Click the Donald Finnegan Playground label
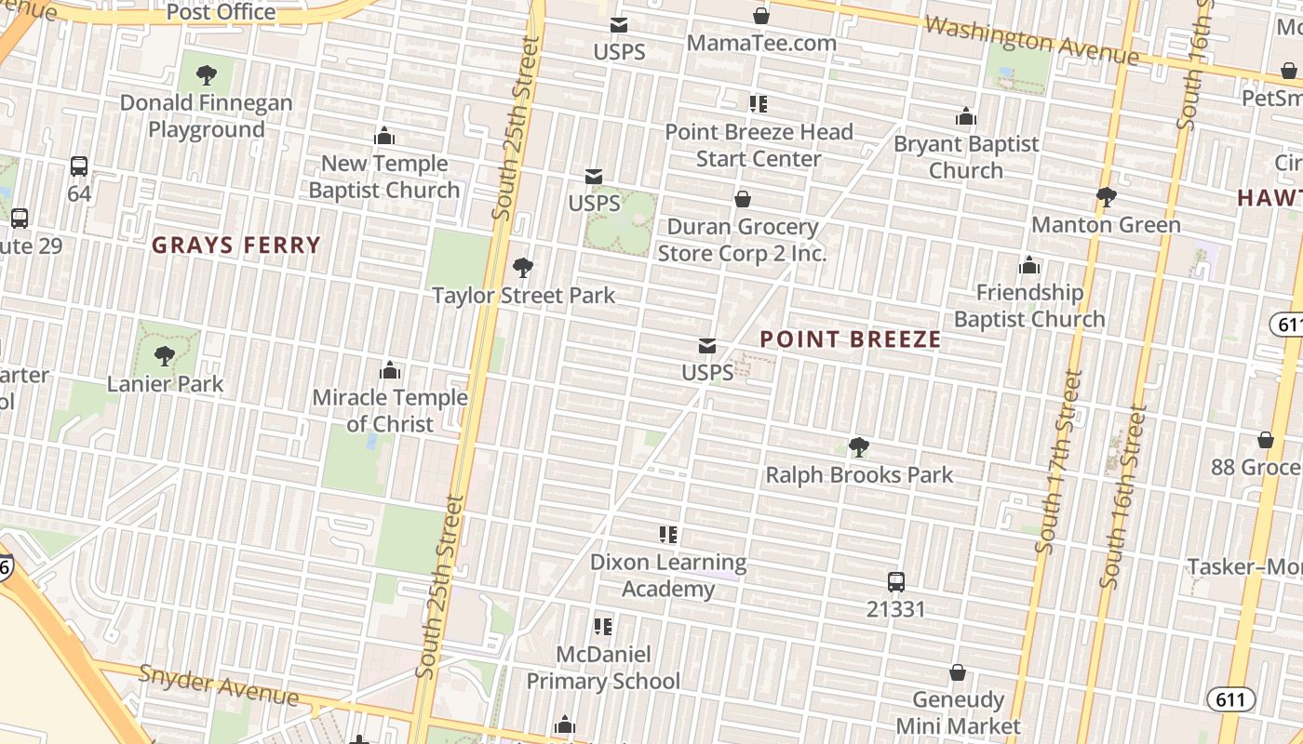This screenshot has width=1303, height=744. tap(206, 116)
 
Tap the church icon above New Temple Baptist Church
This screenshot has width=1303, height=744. tap(384, 137)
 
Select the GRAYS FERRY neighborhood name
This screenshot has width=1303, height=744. tap(236, 246)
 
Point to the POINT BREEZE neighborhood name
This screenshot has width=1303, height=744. tap(851, 339)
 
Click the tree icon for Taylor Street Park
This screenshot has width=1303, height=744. tap(523, 269)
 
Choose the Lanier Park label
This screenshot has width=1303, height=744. tap(166, 383)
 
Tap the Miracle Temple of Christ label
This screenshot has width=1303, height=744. tap(390, 410)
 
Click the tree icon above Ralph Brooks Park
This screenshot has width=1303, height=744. tap(859, 447)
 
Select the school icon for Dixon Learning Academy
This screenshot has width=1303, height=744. tap(668, 535)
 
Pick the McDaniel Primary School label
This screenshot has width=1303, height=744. tap(603, 668)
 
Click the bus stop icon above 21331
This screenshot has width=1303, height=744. tap(896, 582)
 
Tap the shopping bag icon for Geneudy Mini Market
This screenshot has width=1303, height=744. tap(958, 672)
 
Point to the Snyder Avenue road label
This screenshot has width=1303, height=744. tap(219, 685)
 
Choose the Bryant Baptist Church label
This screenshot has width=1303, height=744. tap(966, 157)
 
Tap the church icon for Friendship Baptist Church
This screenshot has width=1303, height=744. tap(1029, 266)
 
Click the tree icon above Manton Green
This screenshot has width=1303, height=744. tap(1106, 197)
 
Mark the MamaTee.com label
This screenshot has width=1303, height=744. tap(761, 43)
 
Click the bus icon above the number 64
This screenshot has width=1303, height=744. tap(79, 166)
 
